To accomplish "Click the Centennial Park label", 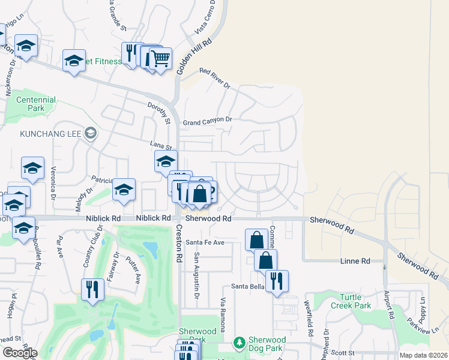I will tap(36, 104).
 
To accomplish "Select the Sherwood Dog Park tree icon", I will tap(240, 342).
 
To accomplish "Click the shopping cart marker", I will tap(160, 59).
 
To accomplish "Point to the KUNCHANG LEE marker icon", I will tap(91, 133).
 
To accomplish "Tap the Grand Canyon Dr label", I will tap(207, 120).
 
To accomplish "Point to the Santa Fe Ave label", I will tap(205, 242).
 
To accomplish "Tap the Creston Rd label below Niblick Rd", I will tap(179, 243).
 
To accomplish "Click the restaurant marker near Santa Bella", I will tap(277, 281).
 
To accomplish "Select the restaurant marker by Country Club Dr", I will tap(92, 289).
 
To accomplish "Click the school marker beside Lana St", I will tap(166, 161).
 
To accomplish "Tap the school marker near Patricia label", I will tap(124, 189).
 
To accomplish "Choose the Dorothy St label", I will tap(160, 112).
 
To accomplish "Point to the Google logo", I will tap(19, 353).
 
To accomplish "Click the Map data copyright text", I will tap(423, 355).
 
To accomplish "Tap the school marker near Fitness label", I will tap(74, 61).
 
